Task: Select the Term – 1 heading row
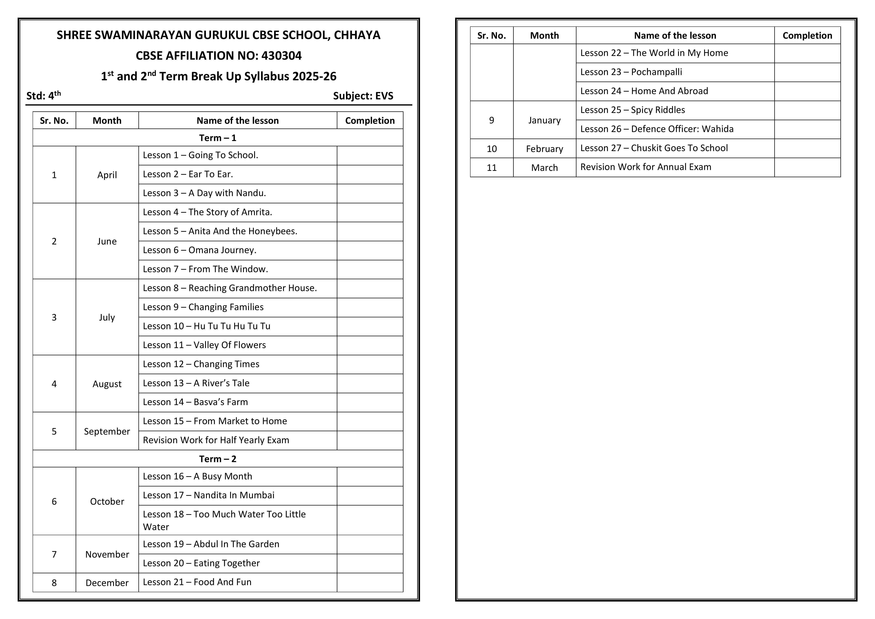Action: [x=218, y=138]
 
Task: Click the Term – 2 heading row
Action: [x=218, y=459]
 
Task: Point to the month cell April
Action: [x=107, y=175]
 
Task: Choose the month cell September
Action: [x=107, y=431]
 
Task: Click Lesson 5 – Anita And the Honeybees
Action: [x=220, y=231]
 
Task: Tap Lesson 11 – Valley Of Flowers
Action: [x=204, y=345]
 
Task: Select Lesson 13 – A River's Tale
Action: [x=196, y=383]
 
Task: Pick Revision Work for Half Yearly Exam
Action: [x=216, y=440]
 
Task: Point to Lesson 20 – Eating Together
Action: [x=201, y=563]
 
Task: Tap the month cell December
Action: [x=107, y=583]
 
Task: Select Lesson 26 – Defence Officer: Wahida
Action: [x=657, y=129]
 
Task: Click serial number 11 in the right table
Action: [x=492, y=168]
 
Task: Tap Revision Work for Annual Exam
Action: [x=646, y=167]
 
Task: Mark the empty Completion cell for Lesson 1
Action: [x=370, y=156]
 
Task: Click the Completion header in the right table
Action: [x=807, y=35]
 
